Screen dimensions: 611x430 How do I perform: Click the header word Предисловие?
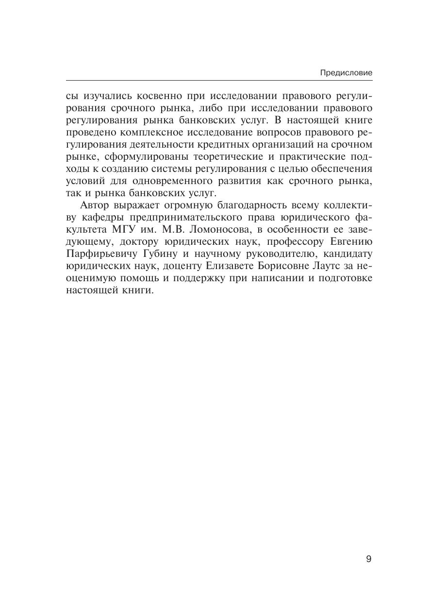coord(346,73)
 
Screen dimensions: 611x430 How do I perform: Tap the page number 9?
coord(368,559)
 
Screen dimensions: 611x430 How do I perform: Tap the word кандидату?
coord(345,254)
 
